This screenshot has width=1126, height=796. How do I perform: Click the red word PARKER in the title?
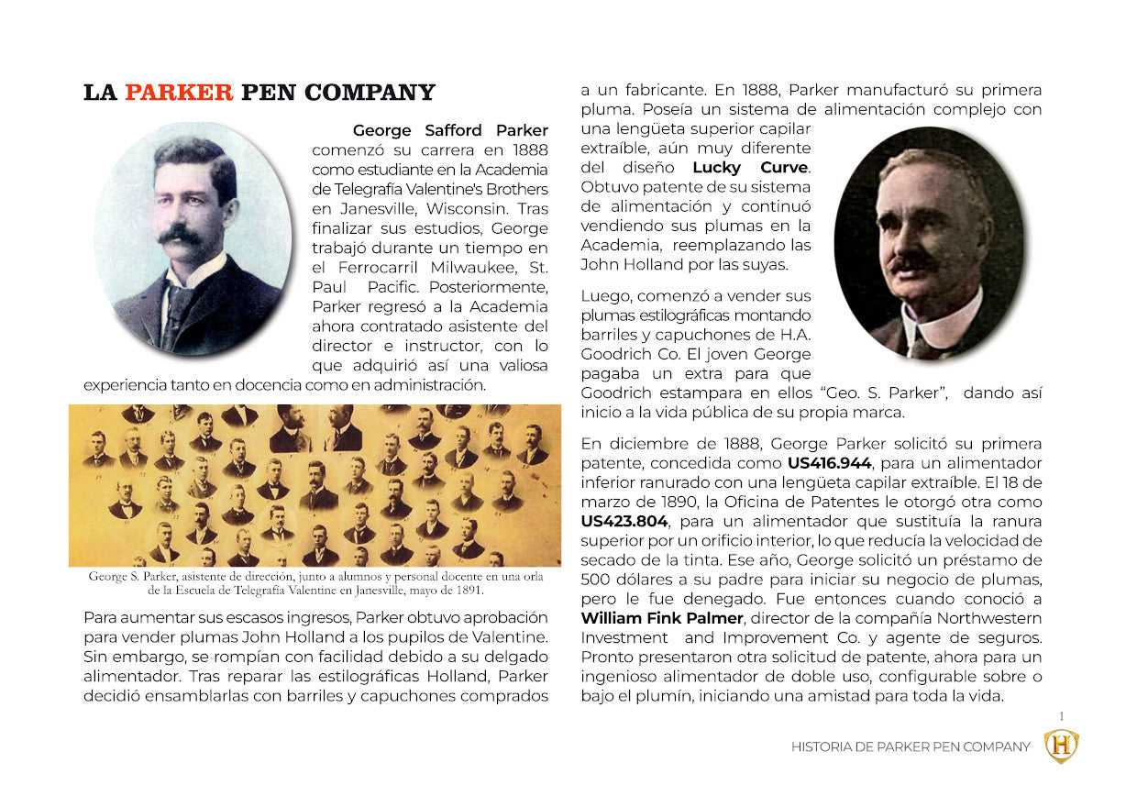179,93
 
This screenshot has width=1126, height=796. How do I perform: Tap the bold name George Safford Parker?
450,130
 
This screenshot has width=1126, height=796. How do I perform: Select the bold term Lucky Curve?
751,167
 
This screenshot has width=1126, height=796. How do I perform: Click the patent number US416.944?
829,463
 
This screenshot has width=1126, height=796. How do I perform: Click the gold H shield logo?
1062,746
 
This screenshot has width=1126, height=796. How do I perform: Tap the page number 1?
1061,716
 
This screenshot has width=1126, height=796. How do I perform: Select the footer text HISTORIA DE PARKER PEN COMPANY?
911,747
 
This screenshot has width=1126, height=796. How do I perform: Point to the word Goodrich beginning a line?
615,392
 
